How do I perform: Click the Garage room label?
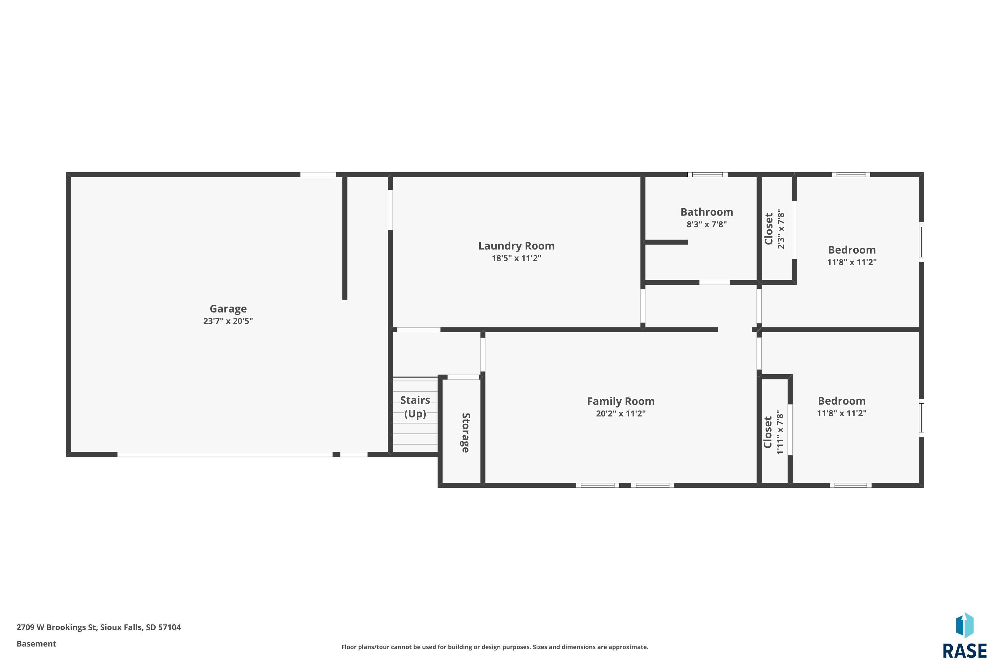click(228, 309)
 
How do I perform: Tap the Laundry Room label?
click(516, 246)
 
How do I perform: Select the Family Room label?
click(621, 401)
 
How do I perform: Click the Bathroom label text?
click(707, 212)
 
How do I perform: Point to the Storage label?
click(466, 433)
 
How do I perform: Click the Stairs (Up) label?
click(415, 407)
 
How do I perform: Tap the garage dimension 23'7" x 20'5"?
click(228, 321)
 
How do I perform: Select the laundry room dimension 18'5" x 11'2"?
click(516, 258)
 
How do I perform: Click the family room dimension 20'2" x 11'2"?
click(621, 413)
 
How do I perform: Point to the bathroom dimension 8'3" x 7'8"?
click(707, 224)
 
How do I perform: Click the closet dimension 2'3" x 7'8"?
click(781, 229)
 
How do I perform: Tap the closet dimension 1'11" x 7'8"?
click(780, 432)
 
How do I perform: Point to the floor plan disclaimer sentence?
click(495, 647)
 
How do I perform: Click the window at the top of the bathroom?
click(708, 174)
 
